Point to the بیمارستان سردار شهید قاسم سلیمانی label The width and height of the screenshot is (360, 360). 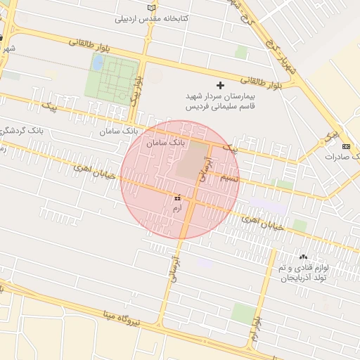pyautogui.click(x=219, y=102)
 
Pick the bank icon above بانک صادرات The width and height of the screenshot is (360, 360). pyautogui.click(x=345, y=146)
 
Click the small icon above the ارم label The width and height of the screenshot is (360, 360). pyautogui.click(x=176, y=200)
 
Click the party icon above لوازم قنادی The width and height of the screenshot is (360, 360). pyautogui.click(x=303, y=257)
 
